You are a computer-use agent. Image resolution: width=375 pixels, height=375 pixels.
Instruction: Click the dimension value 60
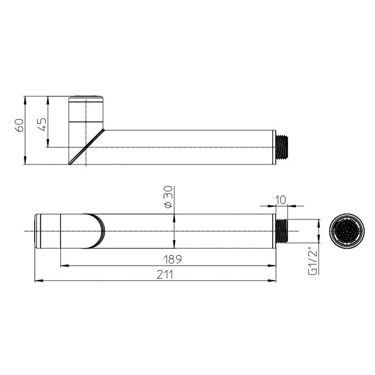[19, 125]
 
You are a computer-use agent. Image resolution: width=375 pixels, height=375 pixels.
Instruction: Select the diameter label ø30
[168, 197]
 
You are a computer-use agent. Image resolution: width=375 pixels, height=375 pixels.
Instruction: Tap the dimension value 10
[281, 199]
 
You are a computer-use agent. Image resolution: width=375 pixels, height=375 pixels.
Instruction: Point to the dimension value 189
[172, 259]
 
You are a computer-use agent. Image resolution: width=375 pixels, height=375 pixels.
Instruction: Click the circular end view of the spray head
[347, 231]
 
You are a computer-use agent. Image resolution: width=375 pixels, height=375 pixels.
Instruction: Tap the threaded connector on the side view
[282, 147]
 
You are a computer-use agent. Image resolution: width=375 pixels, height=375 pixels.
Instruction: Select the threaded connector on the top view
[281, 231]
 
